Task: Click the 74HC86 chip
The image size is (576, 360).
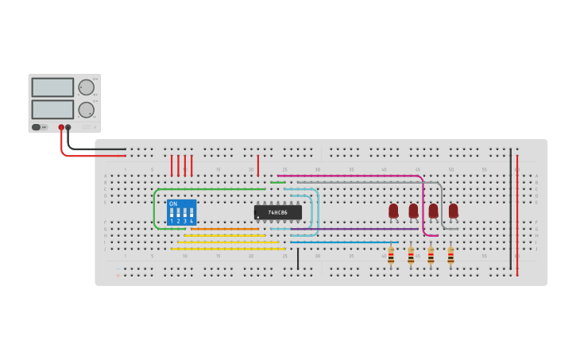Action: (x=278, y=212)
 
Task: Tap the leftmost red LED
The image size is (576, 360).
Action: (x=393, y=211)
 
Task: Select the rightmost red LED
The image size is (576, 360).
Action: (x=453, y=211)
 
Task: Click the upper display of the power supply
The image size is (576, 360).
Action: (x=52, y=87)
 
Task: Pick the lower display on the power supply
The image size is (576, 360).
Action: (x=52, y=109)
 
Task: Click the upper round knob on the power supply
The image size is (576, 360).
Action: (x=86, y=87)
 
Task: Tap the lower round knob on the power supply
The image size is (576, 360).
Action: (x=86, y=110)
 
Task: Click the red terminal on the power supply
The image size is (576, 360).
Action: (x=61, y=127)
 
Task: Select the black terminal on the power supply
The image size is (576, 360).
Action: (x=68, y=127)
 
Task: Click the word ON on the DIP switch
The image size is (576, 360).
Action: (x=173, y=204)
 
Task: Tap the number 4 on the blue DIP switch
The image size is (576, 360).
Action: (x=191, y=221)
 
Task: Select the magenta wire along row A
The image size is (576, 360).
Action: (x=350, y=176)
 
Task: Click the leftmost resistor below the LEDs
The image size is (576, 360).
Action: (x=391, y=256)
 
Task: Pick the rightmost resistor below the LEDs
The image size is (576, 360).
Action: (x=450, y=256)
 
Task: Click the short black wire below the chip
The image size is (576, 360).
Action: (x=298, y=259)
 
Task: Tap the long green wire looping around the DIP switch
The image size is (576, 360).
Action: (x=155, y=208)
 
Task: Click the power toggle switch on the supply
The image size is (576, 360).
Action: (x=37, y=127)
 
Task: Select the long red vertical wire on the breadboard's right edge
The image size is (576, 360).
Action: (x=517, y=215)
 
